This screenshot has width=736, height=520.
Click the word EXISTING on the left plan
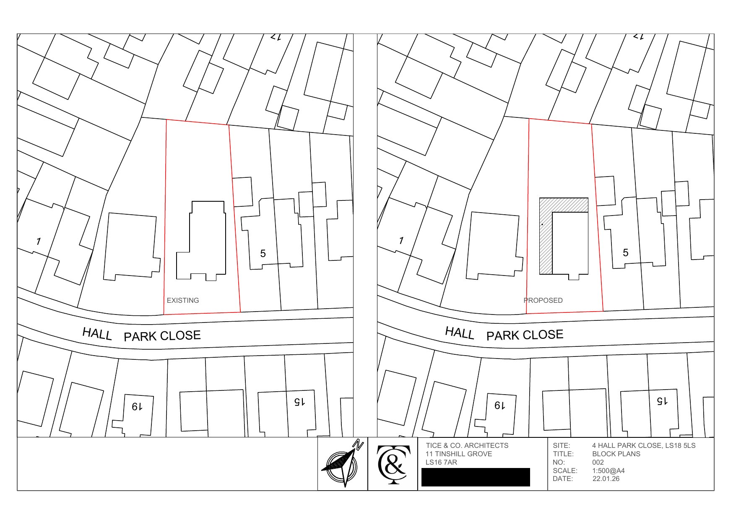tap(183, 300)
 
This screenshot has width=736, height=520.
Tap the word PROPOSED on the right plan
tap(543, 300)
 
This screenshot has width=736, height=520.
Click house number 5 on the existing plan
tap(263, 253)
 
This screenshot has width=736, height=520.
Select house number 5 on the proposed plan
tap(626, 252)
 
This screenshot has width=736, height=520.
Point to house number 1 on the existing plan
tap(39, 241)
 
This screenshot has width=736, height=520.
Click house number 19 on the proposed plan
tap(499, 406)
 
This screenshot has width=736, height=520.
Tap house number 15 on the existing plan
tap(299, 402)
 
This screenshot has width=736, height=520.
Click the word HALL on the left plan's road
tap(97, 334)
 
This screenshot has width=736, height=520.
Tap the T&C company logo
tap(393, 464)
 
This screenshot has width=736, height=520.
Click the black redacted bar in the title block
tap(476, 477)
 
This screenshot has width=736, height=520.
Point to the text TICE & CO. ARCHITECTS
tap(467, 445)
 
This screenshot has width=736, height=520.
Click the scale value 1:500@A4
tap(609, 471)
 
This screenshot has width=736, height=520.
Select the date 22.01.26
tap(606, 478)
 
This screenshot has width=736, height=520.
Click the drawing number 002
tap(598, 462)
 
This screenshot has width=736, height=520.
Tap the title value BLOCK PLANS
tap(616, 454)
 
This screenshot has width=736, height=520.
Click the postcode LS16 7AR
tap(441, 462)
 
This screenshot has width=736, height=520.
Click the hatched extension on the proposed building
tap(546, 239)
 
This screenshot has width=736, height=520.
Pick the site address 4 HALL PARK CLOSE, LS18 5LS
tap(644, 445)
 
